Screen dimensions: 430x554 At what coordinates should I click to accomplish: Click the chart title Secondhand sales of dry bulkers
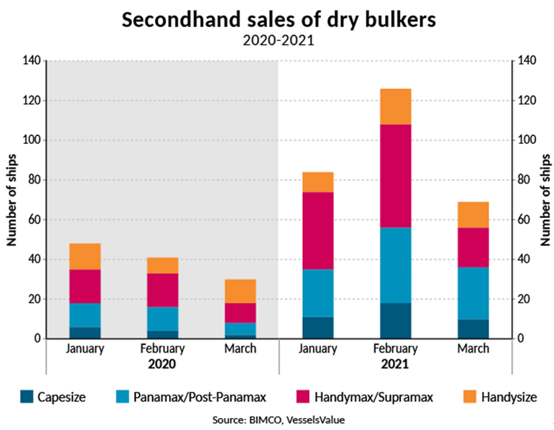pyautogui.click(x=277, y=19)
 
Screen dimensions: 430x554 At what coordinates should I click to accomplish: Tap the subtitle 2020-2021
pyautogui.click(x=277, y=40)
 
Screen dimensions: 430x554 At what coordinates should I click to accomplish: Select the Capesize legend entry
pyautogui.click(x=55, y=397)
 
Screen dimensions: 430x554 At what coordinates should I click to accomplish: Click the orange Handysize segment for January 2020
pyautogui.click(x=85, y=256)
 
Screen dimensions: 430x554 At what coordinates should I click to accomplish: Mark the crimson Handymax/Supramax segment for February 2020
pyautogui.click(x=163, y=290)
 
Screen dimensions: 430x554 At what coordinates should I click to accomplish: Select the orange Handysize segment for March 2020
pyautogui.click(x=241, y=291)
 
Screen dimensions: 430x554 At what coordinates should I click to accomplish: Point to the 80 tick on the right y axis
pyautogui.click(x=522, y=180)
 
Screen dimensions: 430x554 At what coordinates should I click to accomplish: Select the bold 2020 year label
pyautogui.click(x=163, y=364)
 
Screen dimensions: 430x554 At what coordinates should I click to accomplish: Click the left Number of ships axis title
pyautogui.click(x=11, y=199)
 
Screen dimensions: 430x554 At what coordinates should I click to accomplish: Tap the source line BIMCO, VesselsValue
pyautogui.click(x=278, y=419)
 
